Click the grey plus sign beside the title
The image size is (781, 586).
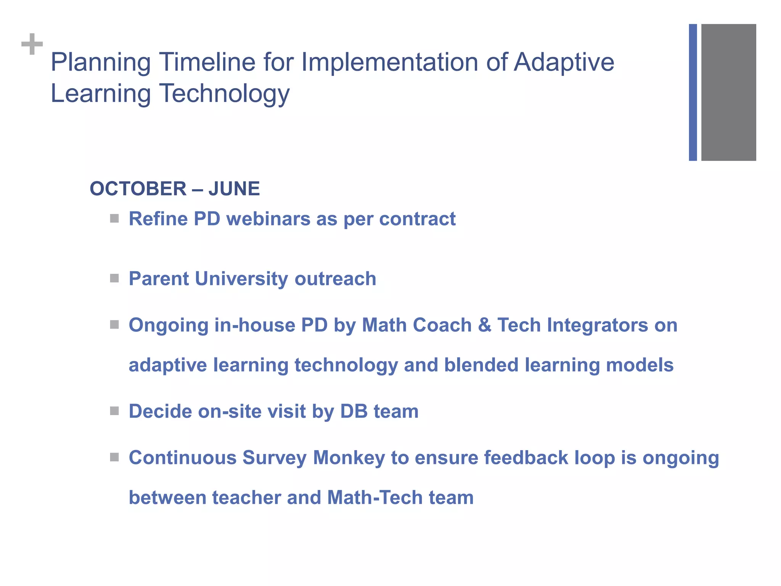[x=32, y=44]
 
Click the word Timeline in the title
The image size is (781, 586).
[x=206, y=62]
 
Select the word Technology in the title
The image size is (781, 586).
[x=224, y=93]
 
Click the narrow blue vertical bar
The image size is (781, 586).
[x=693, y=92]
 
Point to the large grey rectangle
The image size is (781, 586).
[x=728, y=92]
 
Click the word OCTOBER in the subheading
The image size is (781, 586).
[x=138, y=189]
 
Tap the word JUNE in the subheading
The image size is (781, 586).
[x=234, y=189]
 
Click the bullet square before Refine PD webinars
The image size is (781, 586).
[x=114, y=219]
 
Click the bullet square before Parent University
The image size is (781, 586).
[x=114, y=278]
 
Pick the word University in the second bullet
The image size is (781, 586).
[x=241, y=279]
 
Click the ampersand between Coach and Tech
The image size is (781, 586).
[x=484, y=325]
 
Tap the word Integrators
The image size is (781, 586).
[x=598, y=325]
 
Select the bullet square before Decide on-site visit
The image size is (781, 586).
[x=114, y=411]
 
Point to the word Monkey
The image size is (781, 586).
[x=349, y=458]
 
